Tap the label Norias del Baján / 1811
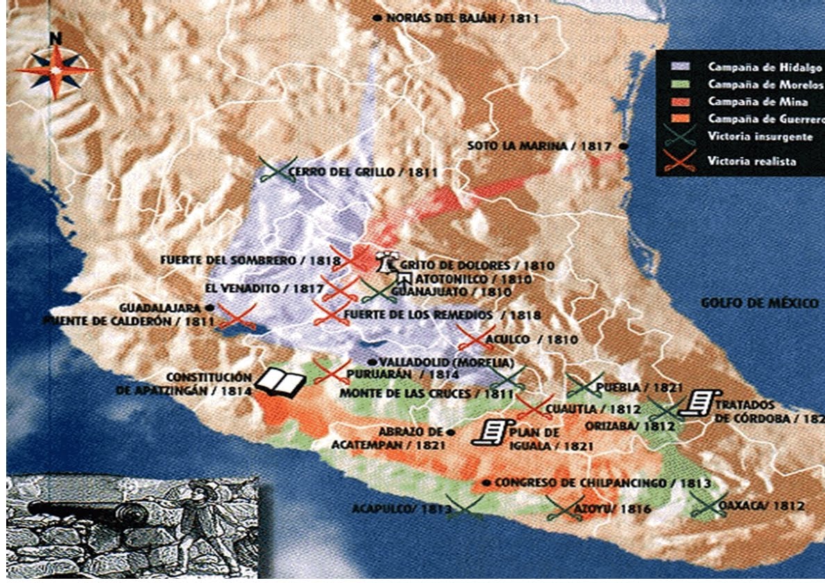pos(461,19)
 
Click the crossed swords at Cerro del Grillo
pos(276,170)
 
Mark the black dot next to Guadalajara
pos(209,307)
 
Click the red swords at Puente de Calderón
pos(237,316)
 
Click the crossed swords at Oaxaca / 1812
pos(708,505)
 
